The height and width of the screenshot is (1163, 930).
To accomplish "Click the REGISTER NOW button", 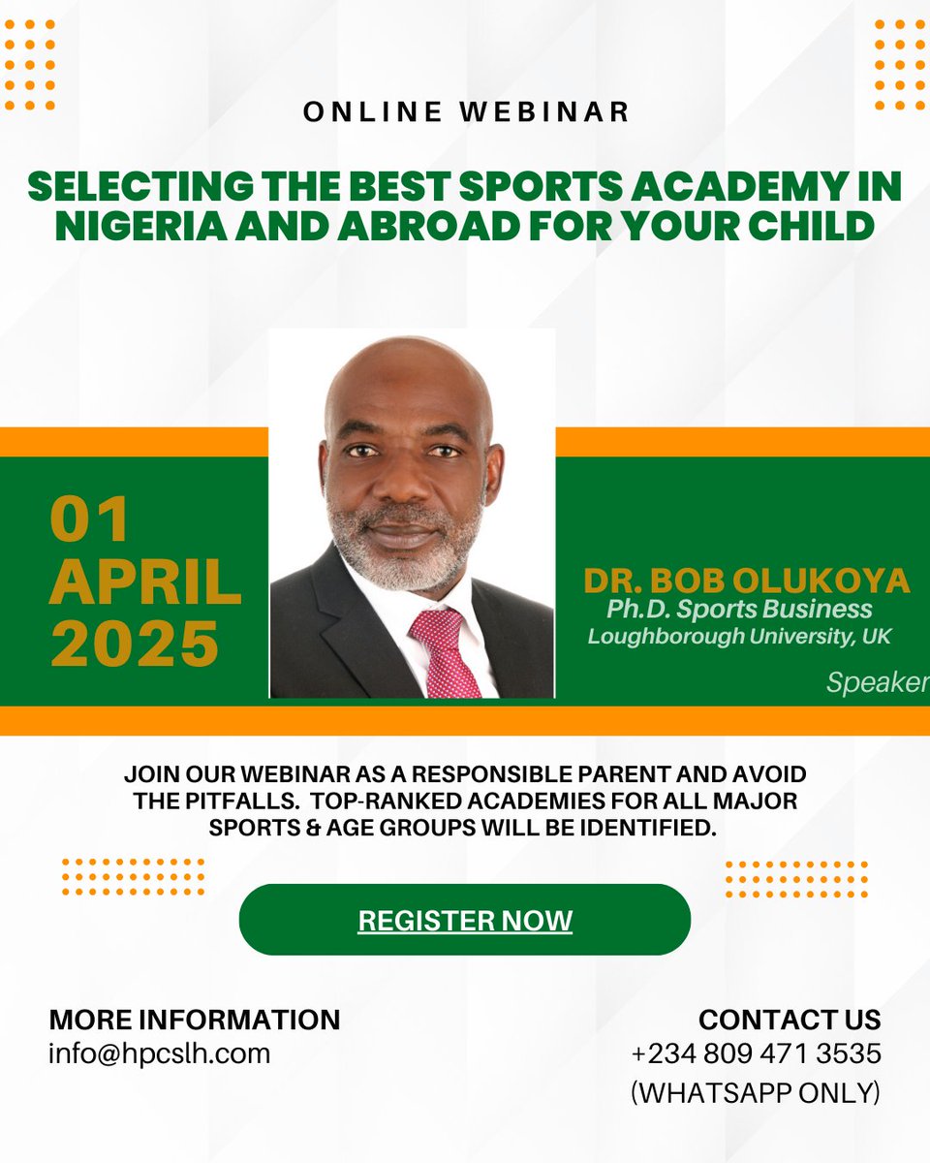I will pyautogui.click(x=465, y=920).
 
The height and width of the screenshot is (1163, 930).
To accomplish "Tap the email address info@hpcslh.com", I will pyautogui.click(x=160, y=1053).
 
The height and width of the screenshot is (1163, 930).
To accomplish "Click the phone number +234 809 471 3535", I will pyautogui.click(x=756, y=1053).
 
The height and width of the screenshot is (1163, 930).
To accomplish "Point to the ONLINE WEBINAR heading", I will pyautogui.click(x=466, y=111).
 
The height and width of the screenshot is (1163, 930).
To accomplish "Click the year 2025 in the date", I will pyautogui.click(x=135, y=644).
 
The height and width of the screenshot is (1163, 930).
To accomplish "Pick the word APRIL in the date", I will pyautogui.click(x=145, y=581).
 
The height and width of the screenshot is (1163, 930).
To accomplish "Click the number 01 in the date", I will pyautogui.click(x=90, y=520).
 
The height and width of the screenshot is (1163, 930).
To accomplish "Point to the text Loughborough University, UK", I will pyautogui.click(x=739, y=637).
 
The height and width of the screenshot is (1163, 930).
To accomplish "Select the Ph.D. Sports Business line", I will pyautogui.click(x=739, y=610).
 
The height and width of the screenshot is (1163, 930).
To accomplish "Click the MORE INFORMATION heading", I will pyautogui.click(x=195, y=1020).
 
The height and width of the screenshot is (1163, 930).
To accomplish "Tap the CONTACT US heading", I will pyautogui.click(x=790, y=1020).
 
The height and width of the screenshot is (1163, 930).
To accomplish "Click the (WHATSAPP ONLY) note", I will pyautogui.click(x=756, y=1092).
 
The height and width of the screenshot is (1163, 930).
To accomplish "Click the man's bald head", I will pyautogui.click(x=407, y=373).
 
